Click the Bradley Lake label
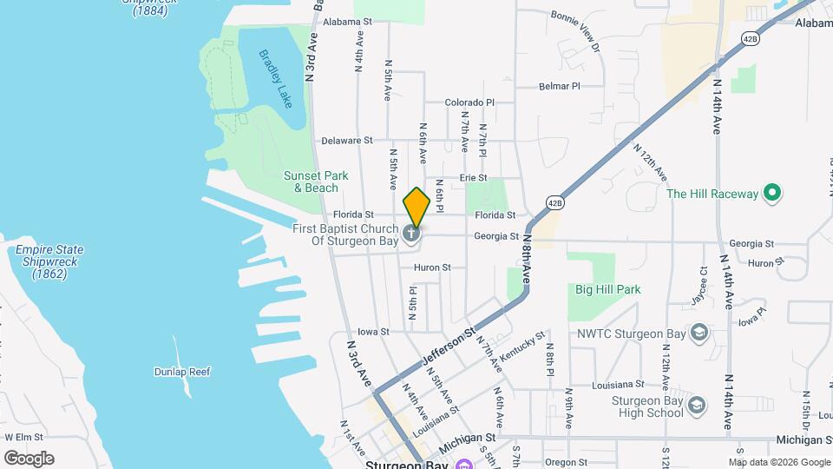click(276, 78)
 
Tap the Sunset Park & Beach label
click(316, 182)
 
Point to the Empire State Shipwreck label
click(48, 261)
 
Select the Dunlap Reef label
click(183, 372)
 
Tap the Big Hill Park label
click(607, 289)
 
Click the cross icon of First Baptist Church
click(413, 233)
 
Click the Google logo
click(29, 458)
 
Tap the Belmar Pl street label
click(559, 86)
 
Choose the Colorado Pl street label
click(469, 102)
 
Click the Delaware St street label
click(346, 140)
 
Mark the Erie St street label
click(474, 177)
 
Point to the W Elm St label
click(23, 437)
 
